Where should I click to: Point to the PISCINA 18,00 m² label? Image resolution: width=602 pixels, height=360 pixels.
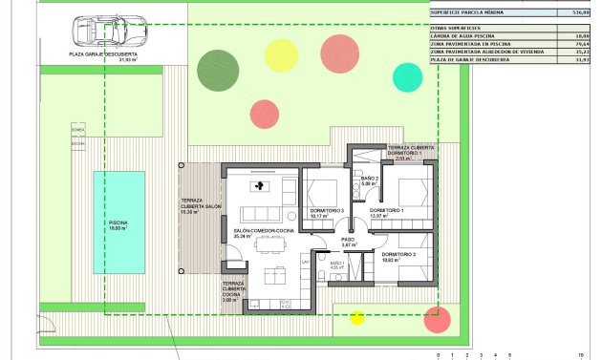pyautogui.click(x=118, y=225)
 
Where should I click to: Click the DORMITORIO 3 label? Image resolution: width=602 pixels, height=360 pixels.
pyautogui.click(x=327, y=212)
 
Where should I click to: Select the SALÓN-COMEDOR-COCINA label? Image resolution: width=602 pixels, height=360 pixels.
pyautogui.click(x=263, y=232)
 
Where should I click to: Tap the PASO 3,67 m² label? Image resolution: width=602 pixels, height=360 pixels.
pyautogui.click(x=349, y=243)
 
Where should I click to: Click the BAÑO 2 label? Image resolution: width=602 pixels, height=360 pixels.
pyautogui.click(x=371, y=180)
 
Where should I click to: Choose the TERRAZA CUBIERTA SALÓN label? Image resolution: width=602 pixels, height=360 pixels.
pyautogui.click(x=201, y=207)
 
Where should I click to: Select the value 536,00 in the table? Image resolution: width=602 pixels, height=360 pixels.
pyautogui.click(x=578, y=13)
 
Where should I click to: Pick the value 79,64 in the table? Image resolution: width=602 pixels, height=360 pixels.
pyautogui.click(x=578, y=43)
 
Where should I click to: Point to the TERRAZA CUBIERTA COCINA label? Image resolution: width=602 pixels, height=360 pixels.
pyautogui.click(x=233, y=291)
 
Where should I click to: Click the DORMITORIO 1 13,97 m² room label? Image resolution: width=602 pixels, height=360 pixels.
pyautogui.click(x=387, y=212)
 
